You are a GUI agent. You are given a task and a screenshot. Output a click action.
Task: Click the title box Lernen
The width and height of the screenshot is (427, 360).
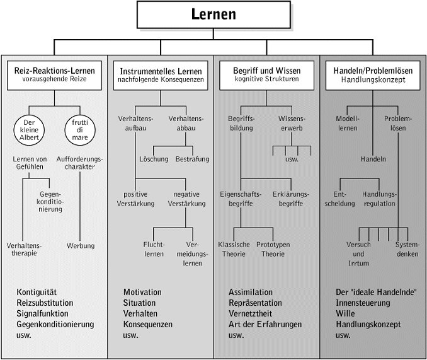click(213, 15)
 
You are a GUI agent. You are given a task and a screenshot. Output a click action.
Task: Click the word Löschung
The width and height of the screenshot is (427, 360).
click(154, 160)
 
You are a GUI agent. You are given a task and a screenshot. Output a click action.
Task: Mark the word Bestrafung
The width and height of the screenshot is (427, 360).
click(191, 160)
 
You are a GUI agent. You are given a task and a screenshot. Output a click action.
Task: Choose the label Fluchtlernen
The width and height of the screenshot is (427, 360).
click(154, 249)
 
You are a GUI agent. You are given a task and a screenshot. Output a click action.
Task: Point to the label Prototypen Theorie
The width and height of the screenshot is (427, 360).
click(273, 249)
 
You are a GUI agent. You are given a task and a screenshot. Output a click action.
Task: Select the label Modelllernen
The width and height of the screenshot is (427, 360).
click(346, 124)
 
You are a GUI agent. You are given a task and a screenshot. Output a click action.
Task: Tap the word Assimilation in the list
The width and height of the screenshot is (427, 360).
click(251, 293)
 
